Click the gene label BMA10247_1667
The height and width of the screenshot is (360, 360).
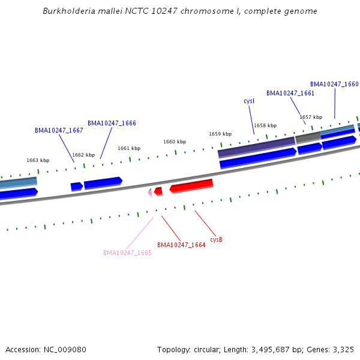[x=59, y=130]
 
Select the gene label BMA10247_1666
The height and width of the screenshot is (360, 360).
[x=112, y=123]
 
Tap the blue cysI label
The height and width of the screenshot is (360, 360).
[x=249, y=101]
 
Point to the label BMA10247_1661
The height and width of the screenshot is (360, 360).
[x=290, y=93]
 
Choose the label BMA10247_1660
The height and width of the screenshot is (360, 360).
[x=334, y=84]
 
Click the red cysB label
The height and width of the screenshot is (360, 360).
[x=216, y=239]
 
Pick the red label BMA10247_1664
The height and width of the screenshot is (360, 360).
[x=181, y=245]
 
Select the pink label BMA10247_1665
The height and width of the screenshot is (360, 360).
[x=127, y=253]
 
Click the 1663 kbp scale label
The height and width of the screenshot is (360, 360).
[x=38, y=160]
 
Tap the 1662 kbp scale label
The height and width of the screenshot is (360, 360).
[x=83, y=155]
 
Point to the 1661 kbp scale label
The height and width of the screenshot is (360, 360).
[x=129, y=148]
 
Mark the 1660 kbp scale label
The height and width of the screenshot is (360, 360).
[x=175, y=142]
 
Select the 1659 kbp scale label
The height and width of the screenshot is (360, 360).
[x=220, y=134]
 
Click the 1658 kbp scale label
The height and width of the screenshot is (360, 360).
[x=265, y=125]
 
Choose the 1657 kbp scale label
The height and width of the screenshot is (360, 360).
[x=311, y=117]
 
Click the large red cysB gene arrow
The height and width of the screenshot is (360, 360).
[x=192, y=186]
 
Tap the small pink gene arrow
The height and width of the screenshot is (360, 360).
[x=150, y=192]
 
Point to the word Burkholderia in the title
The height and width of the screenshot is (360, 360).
[x=68, y=11]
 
